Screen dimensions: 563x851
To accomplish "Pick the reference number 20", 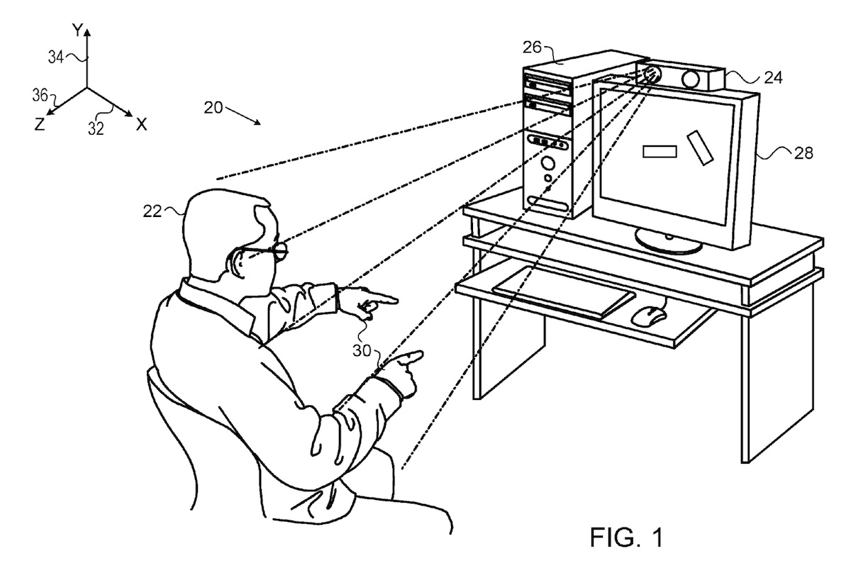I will [x=213, y=108].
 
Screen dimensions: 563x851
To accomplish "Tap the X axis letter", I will [x=141, y=125].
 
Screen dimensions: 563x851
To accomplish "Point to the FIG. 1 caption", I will [x=628, y=535].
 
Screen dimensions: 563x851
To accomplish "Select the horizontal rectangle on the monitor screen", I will [x=660, y=150].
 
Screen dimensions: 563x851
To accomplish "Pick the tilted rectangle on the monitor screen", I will [x=699, y=147].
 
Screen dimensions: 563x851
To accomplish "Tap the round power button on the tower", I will [x=548, y=163].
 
